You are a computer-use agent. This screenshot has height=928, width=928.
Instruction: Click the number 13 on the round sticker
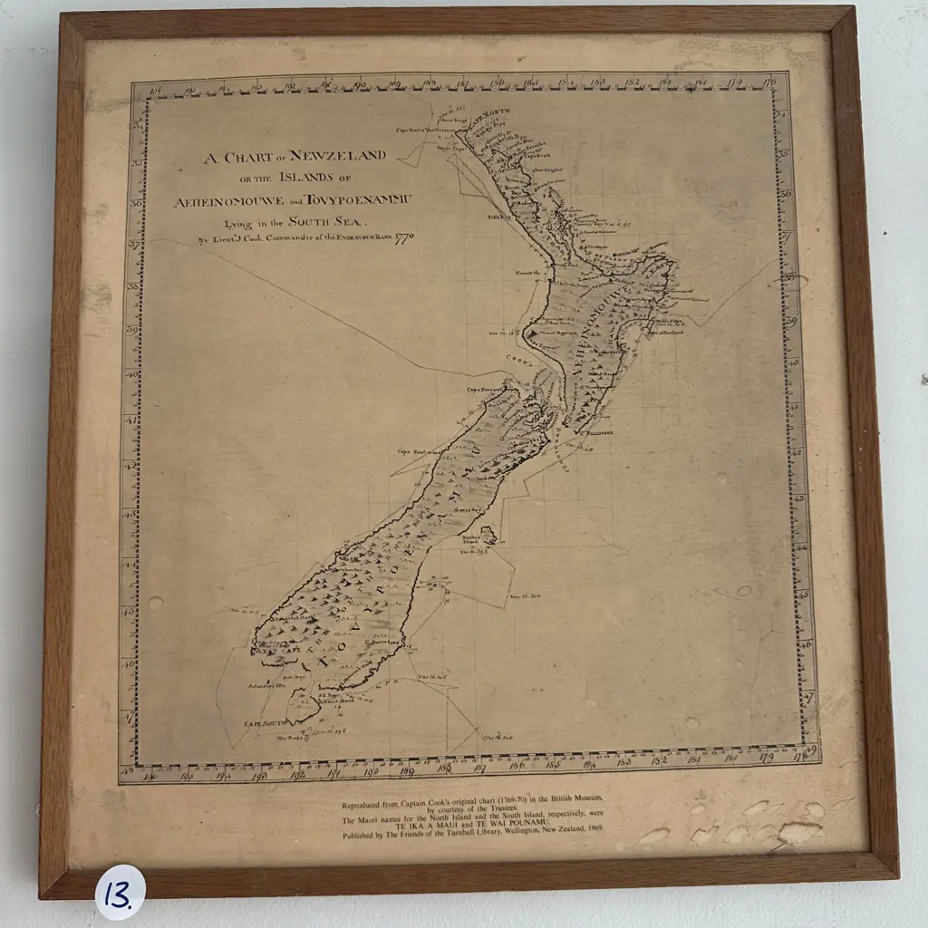[x=122, y=894]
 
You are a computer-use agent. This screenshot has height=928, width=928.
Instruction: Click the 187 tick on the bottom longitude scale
[x=481, y=767]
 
